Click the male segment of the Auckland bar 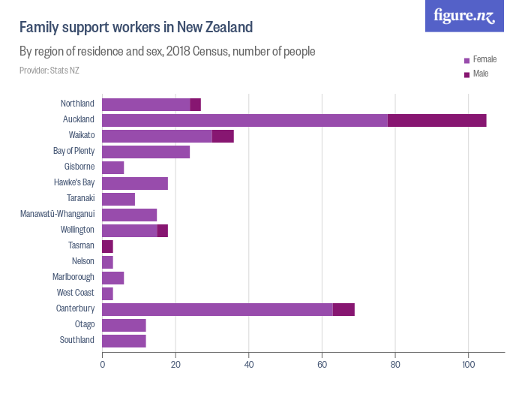436,120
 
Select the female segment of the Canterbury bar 217,309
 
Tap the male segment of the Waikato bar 223,136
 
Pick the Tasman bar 107,246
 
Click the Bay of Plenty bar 145,152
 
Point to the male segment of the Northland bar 196,104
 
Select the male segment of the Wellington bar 163,230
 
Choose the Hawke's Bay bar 135,183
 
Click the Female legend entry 480,59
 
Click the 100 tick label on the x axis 468,365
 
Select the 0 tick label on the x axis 102,365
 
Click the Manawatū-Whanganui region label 57,215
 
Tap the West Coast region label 75,293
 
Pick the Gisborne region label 79,167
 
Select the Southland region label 77,341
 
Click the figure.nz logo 465,16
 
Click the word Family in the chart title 38,28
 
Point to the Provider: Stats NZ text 49,71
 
